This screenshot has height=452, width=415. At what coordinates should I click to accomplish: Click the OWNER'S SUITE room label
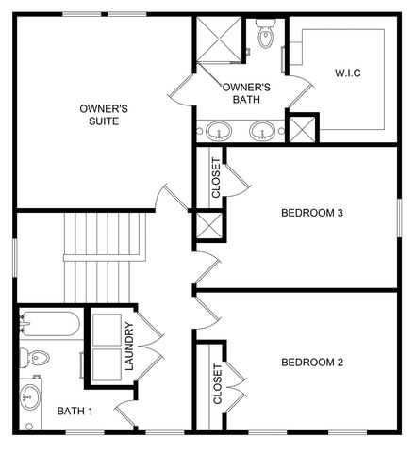pyautogui.click(x=104, y=115)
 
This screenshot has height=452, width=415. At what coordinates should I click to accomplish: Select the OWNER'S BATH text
pyautogui.click(x=247, y=92)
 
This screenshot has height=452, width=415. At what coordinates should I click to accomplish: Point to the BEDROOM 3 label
pyautogui.click(x=311, y=213)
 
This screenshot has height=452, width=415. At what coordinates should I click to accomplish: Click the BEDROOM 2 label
pyautogui.click(x=311, y=362)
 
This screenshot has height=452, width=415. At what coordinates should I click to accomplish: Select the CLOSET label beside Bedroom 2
pyautogui.click(x=217, y=384)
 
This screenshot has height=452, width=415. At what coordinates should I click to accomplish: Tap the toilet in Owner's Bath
pyautogui.click(x=265, y=36)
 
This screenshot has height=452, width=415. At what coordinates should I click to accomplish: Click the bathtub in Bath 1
pyautogui.click(x=50, y=326)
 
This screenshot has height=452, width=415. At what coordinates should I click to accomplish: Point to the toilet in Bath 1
pyautogui.click(x=36, y=358)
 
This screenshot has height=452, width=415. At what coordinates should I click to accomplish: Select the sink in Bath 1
pyautogui.click(x=32, y=395)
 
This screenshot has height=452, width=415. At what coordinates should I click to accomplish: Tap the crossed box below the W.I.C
pyautogui.click(x=301, y=128)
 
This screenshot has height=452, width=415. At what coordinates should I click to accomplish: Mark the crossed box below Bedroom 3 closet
pyautogui.click(x=207, y=226)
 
